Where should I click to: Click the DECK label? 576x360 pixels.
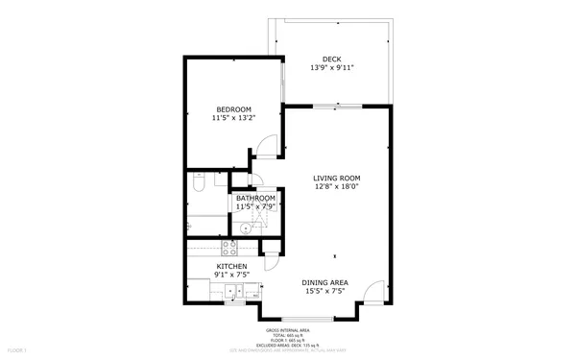click(x=331, y=60)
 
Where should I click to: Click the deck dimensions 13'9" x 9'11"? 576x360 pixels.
click(x=331, y=68)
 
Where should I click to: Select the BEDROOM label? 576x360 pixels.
click(x=233, y=109)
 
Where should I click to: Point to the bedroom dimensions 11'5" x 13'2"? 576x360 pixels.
click(x=233, y=118)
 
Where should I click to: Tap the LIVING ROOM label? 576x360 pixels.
click(x=336, y=178)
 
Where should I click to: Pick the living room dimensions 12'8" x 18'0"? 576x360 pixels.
click(x=336, y=187)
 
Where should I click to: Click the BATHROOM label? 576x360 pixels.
click(x=255, y=199)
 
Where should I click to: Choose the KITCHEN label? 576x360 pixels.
click(x=231, y=266)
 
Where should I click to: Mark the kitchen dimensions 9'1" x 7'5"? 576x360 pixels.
click(x=231, y=276)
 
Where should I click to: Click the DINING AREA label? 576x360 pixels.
click(x=325, y=282)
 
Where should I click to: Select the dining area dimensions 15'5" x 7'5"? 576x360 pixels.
click(x=325, y=291)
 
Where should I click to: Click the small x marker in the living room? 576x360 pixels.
click(x=335, y=256)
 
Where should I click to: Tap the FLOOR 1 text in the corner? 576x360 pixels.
click(x=16, y=351)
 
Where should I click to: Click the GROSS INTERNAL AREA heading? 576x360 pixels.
click(x=287, y=329)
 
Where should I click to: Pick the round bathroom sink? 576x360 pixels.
click(x=246, y=228)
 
